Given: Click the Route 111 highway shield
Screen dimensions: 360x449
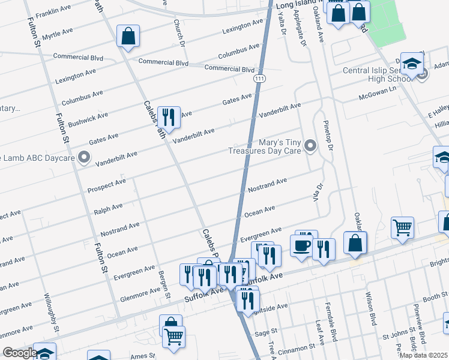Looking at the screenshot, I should [259, 79].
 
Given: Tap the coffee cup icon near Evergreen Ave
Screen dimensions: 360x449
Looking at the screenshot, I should [301, 245].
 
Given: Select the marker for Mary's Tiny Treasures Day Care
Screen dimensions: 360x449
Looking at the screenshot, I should [310, 146].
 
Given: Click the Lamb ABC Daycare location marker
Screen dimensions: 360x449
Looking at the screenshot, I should [84, 158].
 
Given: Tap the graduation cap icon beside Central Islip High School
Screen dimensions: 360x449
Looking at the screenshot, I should [412, 64].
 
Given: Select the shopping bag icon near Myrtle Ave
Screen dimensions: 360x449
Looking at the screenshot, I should [128, 37].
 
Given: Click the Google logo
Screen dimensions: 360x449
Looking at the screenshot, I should [19, 352].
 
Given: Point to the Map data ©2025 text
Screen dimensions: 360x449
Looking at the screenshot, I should [423, 355].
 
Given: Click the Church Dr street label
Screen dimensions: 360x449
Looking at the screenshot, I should [178, 31].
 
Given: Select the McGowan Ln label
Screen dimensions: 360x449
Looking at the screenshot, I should [378, 92].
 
